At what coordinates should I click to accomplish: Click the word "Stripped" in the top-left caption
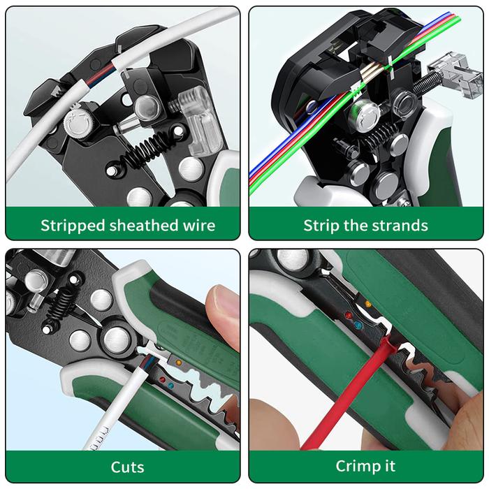[73, 226]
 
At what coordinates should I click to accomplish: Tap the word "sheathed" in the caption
[146, 225]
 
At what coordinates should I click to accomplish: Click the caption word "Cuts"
[128, 467]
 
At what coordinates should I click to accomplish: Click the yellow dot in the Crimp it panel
[368, 304]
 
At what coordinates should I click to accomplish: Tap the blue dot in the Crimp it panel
[358, 326]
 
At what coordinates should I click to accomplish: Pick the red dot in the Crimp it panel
[349, 316]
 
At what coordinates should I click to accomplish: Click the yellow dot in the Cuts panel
[179, 363]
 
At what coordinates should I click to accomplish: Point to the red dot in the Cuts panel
[162, 379]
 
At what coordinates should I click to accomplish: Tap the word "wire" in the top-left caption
[200, 225]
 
